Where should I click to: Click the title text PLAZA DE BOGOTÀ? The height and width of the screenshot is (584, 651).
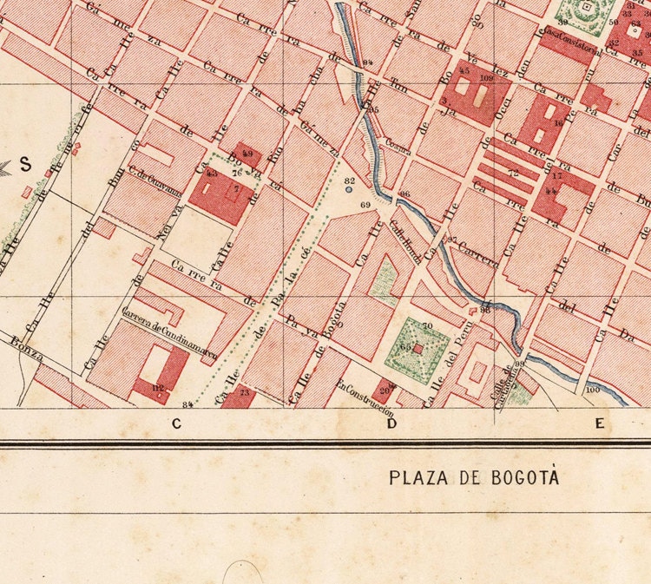tap(474, 477)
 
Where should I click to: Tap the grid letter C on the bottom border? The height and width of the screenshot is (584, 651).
tap(176, 423)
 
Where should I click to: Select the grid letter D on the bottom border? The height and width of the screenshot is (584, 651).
tap(391, 423)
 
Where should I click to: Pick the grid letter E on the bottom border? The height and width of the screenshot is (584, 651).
tap(598, 423)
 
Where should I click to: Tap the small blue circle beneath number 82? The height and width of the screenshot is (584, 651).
tap(349, 189)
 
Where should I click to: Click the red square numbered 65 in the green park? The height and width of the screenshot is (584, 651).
tap(418, 348)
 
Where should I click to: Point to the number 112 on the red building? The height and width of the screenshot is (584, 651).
tap(158, 387)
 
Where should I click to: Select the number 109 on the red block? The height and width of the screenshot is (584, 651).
tap(485, 78)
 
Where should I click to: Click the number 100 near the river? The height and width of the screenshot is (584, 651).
tap(593, 390)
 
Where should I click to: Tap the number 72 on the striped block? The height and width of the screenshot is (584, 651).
tap(513, 174)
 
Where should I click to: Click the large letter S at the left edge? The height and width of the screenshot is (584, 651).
tap(25, 162)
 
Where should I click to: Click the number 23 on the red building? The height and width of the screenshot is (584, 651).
tap(243, 393)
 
